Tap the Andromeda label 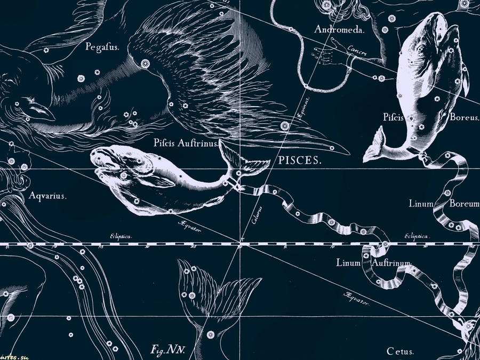tap(339, 30)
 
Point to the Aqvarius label tap(48, 196)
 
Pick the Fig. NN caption tap(166, 350)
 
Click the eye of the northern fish tap(421, 50)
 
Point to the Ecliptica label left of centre tap(121, 235)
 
